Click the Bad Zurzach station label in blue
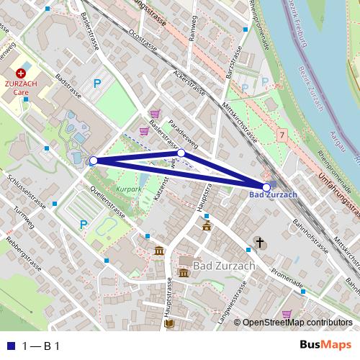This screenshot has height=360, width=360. coord(273,195)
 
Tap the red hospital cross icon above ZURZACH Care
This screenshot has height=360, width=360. coord(21,73)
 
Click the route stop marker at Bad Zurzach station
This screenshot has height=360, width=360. coord(266,187)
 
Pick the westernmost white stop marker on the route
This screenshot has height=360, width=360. coord(93,161)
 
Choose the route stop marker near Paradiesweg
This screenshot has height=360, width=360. coord(181,153)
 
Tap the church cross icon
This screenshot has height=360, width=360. coord(259,243)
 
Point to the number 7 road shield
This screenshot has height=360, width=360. coord(281,135)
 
